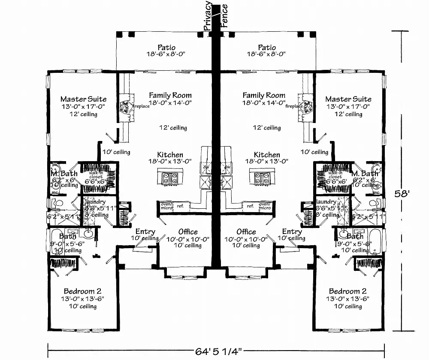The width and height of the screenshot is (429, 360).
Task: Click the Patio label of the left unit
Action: pos(166,47)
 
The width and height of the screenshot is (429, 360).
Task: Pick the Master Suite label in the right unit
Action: pos(348,99)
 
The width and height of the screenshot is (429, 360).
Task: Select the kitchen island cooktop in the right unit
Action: pos(260,177)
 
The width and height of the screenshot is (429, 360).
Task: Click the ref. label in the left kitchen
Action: pos(180,206)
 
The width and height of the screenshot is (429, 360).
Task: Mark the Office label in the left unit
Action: pos(188,231)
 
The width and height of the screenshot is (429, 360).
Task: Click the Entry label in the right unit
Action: pos(292,231)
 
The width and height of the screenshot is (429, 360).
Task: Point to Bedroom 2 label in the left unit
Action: pos(82,291)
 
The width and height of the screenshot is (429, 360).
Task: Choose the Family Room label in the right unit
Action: pos(263,95)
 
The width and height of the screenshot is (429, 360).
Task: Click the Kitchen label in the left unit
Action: pos(170,155)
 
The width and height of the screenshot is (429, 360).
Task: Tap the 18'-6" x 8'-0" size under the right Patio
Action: pos(266,54)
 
